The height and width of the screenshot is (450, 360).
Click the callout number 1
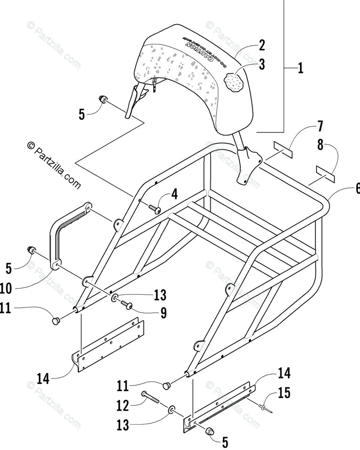[x=300, y=69]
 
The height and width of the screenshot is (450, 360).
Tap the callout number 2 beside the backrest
[x=261, y=46]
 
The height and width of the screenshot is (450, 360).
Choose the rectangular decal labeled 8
[x=324, y=171]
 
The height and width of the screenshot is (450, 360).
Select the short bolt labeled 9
[x=126, y=306]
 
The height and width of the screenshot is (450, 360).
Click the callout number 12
[x=122, y=405]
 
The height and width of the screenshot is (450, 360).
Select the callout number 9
[x=163, y=313]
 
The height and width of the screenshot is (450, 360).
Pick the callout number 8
[x=320, y=145]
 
